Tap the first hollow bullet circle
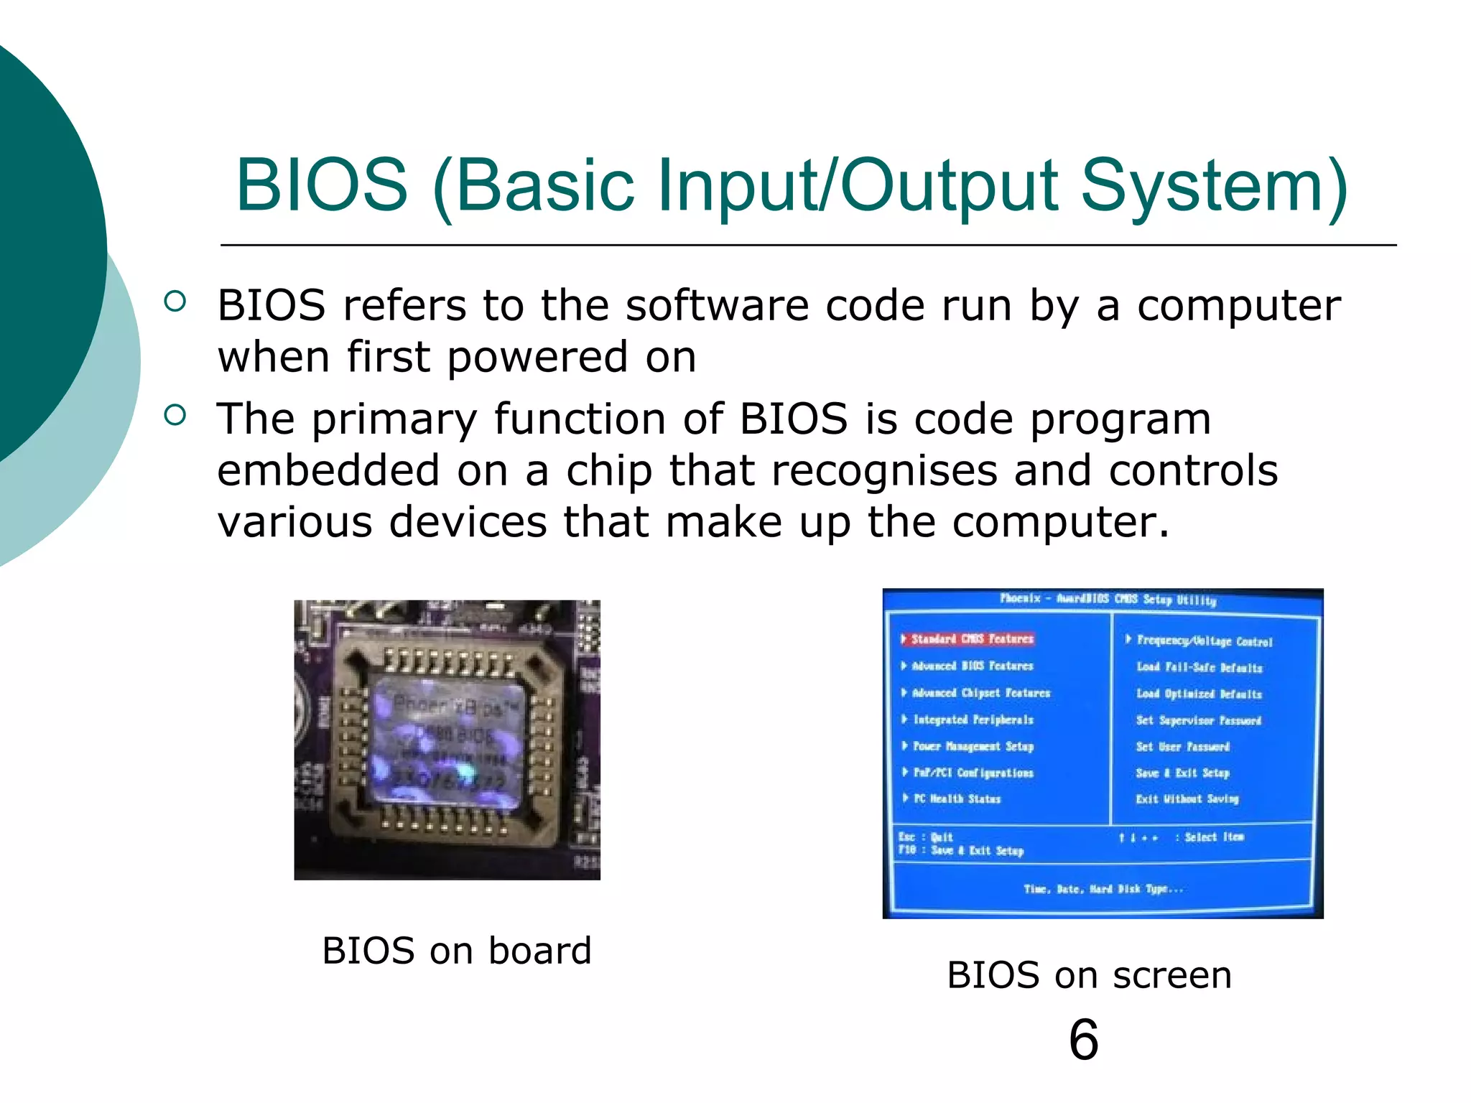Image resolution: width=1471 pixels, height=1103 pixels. tap(175, 301)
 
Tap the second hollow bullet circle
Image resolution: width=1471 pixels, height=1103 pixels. tap(175, 414)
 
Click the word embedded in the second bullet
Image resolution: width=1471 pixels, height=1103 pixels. tap(328, 470)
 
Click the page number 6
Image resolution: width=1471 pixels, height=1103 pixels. tap(1083, 1040)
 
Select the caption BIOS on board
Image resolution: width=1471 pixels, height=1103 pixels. tap(457, 951)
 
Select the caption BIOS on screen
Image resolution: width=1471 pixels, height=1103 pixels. tap(1089, 975)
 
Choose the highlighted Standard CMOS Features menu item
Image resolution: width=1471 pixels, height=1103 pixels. tap(972, 638)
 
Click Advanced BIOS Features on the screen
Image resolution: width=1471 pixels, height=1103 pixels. tap(972, 666)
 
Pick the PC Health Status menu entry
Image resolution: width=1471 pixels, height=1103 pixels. tap(957, 799)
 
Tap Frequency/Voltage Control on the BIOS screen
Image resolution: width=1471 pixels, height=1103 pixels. tap(1204, 641)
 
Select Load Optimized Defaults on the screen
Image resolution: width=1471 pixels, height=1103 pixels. tap(1199, 694)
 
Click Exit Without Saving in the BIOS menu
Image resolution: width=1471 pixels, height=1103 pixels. tap(1187, 799)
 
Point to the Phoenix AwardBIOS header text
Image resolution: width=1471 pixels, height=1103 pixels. tap(1108, 599)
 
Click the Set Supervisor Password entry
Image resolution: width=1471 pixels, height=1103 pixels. tap(1198, 720)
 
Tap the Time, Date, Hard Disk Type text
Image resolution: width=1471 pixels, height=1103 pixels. tap(1103, 889)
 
